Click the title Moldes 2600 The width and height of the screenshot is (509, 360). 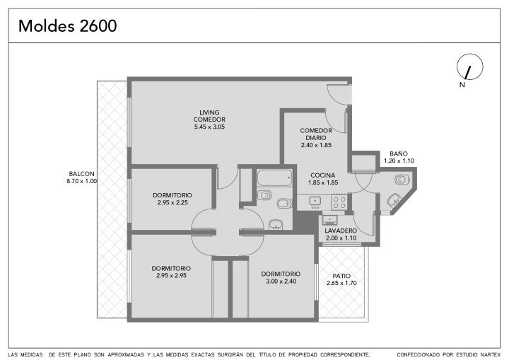click(68, 26)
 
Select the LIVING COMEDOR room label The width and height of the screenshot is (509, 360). click(209, 116)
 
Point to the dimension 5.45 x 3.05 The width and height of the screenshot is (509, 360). click(209, 127)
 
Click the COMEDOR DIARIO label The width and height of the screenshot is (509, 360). click(316, 134)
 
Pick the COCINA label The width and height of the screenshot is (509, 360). click(323, 175)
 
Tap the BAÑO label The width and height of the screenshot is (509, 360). click(399, 153)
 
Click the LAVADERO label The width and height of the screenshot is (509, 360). click(341, 231)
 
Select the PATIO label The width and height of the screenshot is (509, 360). click(341, 276)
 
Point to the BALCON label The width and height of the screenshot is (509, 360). click(81, 174)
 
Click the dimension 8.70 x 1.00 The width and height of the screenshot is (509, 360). click(82, 181)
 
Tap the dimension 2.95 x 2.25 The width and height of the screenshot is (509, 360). click(172, 202)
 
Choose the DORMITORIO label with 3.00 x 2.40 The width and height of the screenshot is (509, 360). click(281, 274)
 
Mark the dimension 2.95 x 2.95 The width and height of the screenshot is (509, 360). click(171, 276)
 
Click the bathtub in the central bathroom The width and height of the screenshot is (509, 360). click(274, 178)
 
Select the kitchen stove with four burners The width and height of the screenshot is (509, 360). click(339, 202)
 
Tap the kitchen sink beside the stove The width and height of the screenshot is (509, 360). click(315, 202)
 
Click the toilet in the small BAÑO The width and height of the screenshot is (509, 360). click(402, 180)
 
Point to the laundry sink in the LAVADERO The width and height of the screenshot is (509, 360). click(330, 220)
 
